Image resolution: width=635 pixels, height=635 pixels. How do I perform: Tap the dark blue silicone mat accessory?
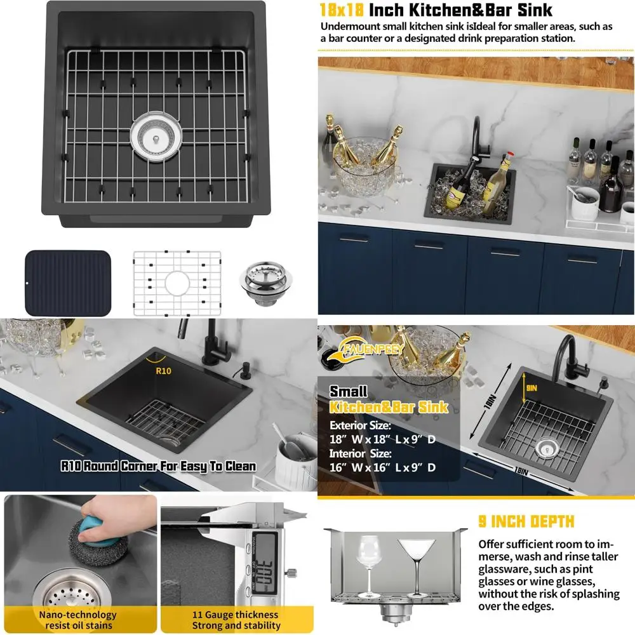68,283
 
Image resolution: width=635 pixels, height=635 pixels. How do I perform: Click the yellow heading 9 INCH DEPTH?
526,522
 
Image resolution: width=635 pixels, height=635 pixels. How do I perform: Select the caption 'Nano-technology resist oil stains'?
78,620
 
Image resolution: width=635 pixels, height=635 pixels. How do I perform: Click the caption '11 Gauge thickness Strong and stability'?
236,620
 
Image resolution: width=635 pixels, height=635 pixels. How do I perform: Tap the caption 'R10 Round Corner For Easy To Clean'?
158,466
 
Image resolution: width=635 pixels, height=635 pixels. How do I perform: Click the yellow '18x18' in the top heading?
343,10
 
